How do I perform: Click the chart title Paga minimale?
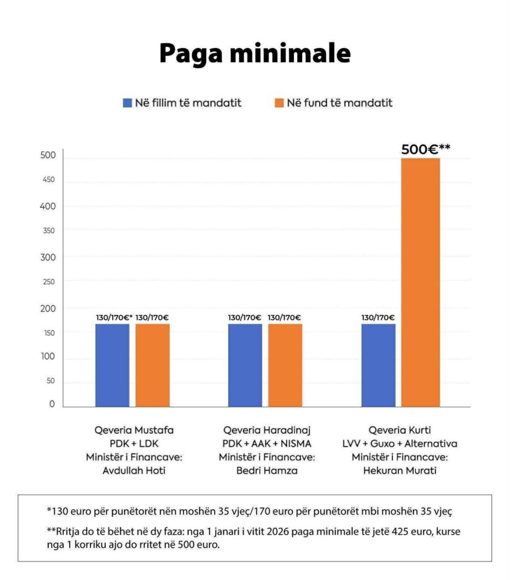255,54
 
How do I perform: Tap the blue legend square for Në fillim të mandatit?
128,103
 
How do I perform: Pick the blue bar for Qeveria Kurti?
378,365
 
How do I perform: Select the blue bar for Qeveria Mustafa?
112,365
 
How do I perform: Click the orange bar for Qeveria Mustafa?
152,365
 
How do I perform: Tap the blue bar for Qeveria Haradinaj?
245,365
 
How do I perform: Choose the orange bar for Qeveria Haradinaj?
285,365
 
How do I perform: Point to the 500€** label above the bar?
426,150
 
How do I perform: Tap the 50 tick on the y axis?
51,381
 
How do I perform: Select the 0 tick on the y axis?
52,404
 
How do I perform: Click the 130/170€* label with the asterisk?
114,318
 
